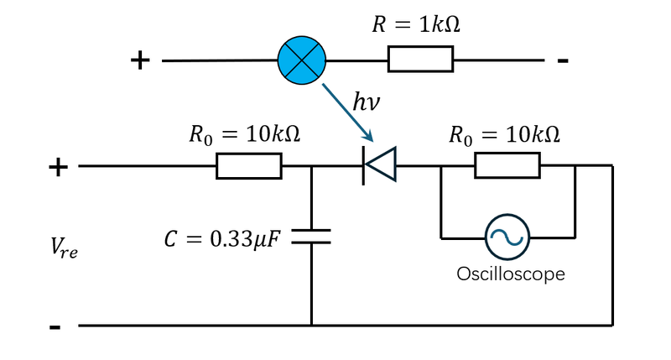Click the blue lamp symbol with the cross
302,60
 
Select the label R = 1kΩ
417,24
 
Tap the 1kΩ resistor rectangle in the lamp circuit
419,60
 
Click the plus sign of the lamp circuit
140,60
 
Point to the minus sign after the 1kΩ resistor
563,60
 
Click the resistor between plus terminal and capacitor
248,166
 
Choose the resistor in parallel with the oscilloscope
507,166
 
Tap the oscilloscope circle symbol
507,237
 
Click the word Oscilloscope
511,274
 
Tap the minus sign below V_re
55,326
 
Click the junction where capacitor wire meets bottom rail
311,326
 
